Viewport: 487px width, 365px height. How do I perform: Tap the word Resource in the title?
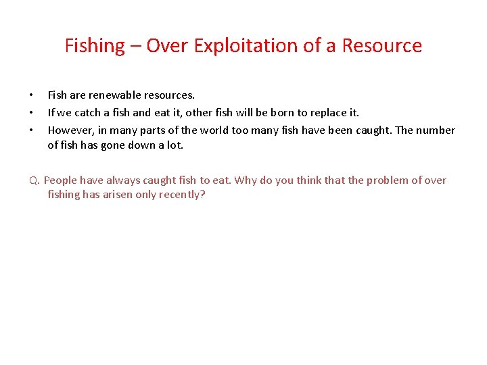381,46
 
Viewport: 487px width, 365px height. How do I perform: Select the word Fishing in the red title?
95,46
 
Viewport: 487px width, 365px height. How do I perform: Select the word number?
436,130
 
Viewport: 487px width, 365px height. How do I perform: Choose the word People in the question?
61,180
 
